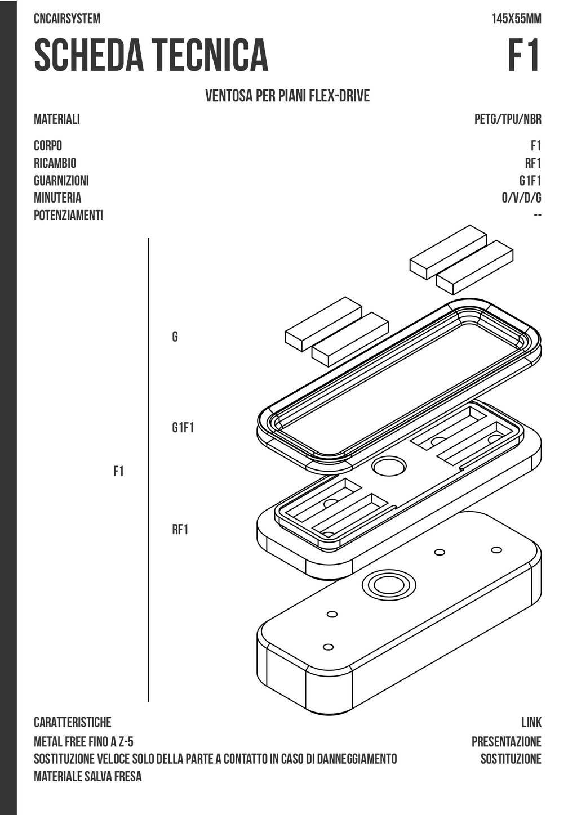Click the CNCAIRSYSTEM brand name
point(67,19)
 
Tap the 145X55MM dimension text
point(517,19)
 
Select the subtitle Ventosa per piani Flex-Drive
point(287,96)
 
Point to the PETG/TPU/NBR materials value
point(508,119)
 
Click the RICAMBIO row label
point(55,163)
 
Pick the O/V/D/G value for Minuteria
point(522,198)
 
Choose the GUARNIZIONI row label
point(61,181)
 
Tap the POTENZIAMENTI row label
point(69,215)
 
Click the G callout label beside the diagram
point(175,337)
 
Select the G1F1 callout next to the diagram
point(183,428)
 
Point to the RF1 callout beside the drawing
point(180,530)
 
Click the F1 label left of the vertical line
point(118,472)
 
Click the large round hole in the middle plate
point(389,467)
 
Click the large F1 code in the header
point(524,55)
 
